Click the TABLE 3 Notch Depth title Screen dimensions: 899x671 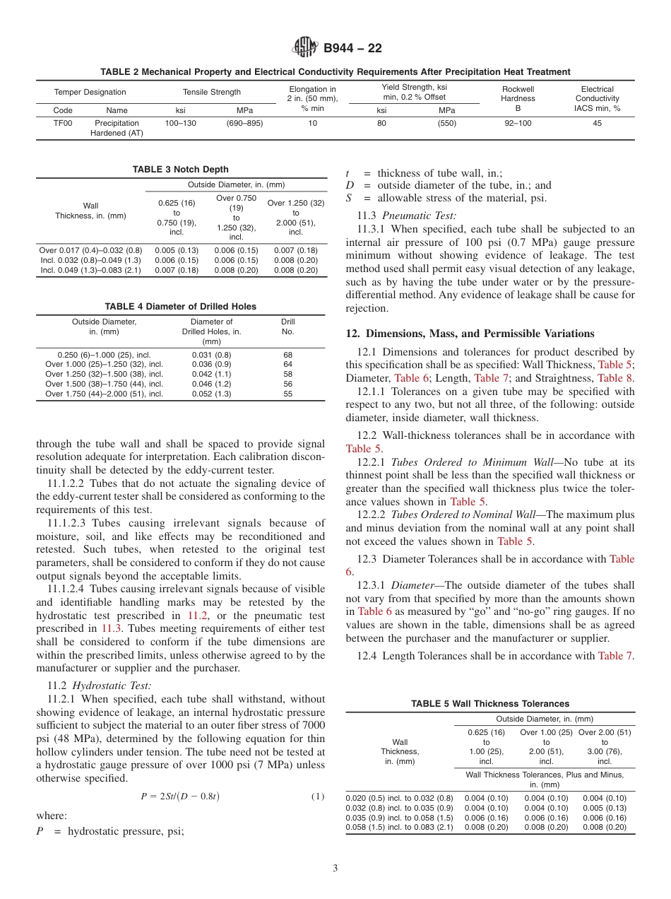pos(180,170)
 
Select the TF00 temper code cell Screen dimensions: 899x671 pos(63,123)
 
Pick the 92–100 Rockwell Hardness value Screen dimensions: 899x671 pos(518,123)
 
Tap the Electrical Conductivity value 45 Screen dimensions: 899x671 pos(597,123)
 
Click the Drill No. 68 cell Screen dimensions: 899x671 pos(287,355)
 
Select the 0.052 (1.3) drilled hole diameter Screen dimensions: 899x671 pos(211,394)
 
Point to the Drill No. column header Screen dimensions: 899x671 pos(287,327)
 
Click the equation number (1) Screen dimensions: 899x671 pos(318,797)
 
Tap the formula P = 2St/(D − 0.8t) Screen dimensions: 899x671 pos(180,797)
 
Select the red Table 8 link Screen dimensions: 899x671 pos(616,378)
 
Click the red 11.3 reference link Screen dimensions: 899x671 pos(111,628)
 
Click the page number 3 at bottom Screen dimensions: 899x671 pos(335,869)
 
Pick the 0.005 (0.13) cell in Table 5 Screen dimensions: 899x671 pos(605,808)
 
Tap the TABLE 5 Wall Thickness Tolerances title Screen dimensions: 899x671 pos(490,704)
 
